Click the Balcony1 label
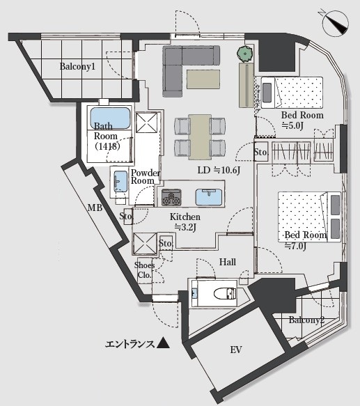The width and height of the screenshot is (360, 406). [x=77, y=66]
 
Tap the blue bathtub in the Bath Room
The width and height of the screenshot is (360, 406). [x=110, y=118]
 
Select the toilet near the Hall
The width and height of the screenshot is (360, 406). [x=225, y=293]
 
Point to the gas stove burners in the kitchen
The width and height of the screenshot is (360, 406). [x=171, y=198]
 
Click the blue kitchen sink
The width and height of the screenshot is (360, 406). [x=209, y=197]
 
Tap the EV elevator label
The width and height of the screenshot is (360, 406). [x=236, y=350]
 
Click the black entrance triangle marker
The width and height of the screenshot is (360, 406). [x=164, y=343]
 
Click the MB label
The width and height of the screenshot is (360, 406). [x=95, y=208]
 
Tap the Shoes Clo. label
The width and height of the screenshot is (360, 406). [x=145, y=270]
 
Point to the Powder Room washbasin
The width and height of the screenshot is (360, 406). [x=120, y=181]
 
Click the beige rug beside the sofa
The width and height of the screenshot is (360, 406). [x=203, y=79]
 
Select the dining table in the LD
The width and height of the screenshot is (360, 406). [x=200, y=136]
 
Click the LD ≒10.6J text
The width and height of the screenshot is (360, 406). [x=219, y=170]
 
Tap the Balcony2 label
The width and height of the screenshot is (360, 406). [x=306, y=320]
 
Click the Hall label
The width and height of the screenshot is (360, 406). [x=228, y=262]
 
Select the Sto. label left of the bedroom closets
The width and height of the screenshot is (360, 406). [x=260, y=153]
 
